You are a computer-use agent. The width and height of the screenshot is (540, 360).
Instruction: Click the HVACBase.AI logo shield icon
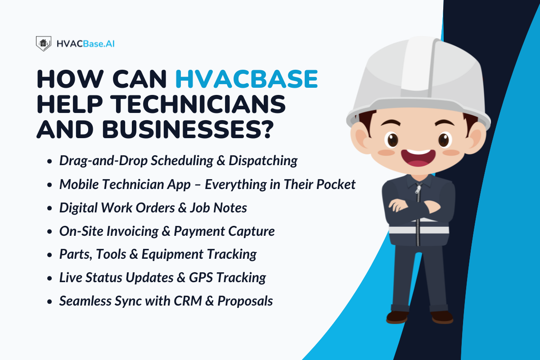click(x=44, y=43)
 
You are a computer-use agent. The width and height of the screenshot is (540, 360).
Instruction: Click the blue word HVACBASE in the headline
click(x=247, y=79)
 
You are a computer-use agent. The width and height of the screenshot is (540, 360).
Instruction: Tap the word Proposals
click(x=245, y=301)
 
